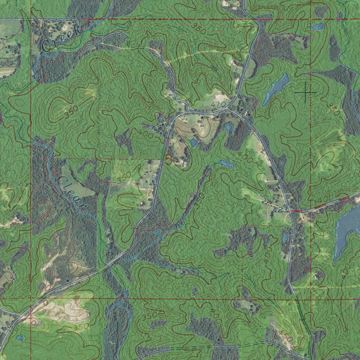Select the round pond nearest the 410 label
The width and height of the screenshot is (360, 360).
click(x=229, y=127)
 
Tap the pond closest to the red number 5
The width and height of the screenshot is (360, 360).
click(x=194, y=142)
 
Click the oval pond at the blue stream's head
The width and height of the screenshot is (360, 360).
click(x=227, y=164)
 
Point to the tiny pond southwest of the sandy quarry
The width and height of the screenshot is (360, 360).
click(x=20, y=338)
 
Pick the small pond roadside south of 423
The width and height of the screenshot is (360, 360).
click(x=285, y=238)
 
